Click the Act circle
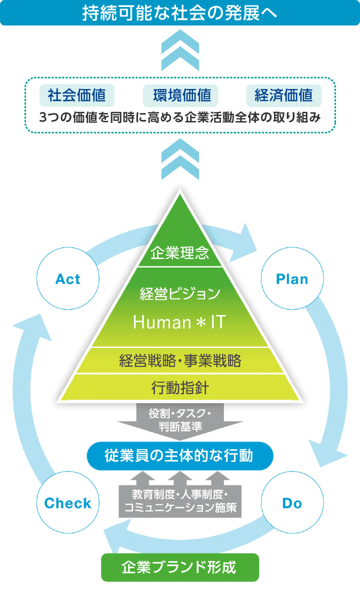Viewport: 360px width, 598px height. coord(67,279)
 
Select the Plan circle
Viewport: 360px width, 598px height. coord(292,279)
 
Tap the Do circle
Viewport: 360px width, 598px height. coord(292,503)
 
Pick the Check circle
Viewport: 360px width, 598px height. coord(67,503)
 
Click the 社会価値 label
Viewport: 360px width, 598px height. coord(77,95)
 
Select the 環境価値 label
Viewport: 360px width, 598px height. coord(180,95)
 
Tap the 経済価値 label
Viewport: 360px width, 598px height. coord(284,95)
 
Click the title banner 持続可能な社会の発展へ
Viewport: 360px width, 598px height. coord(180,13)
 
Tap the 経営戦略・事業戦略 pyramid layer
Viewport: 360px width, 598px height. coord(180,360)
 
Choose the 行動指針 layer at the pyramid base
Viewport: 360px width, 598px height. coord(180,387)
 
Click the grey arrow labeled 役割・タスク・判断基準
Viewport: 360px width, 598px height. coord(180,420)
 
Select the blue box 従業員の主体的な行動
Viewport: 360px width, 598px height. coord(180,455)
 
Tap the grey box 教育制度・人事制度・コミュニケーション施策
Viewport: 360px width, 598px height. coord(180,501)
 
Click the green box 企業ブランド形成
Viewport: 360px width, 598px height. coord(180,567)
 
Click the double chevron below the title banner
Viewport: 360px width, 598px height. coord(180,50)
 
